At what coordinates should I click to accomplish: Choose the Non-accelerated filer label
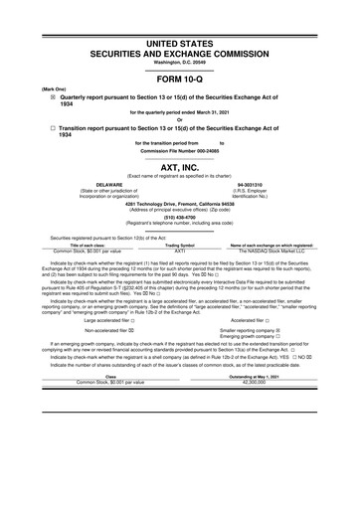[109, 336]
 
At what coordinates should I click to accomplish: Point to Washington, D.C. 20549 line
[179, 34]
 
